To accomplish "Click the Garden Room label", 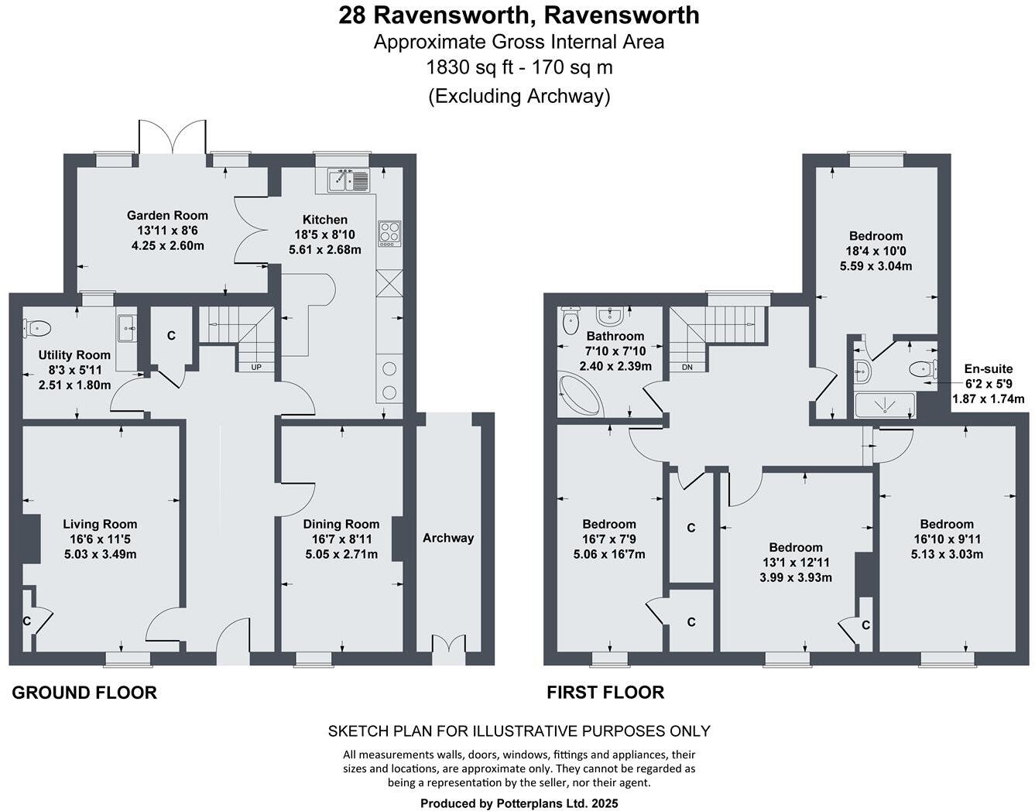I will (x=167, y=215).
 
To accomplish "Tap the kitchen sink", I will (x=348, y=180).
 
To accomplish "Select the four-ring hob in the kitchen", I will (x=389, y=233).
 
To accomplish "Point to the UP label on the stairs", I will (x=256, y=367).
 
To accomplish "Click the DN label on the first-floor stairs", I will (x=687, y=367).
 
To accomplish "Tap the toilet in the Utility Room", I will (x=37, y=328).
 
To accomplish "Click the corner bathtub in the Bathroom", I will (x=579, y=395).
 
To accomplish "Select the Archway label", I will (x=448, y=538).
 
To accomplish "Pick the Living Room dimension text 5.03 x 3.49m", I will (x=101, y=554).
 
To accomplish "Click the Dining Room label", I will (x=341, y=524).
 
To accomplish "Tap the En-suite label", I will (x=986, y=369).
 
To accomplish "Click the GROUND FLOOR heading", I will (x=84, y=693).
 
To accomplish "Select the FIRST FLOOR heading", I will (x=605, y=693).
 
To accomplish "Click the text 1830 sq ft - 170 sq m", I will (x=519, y=67).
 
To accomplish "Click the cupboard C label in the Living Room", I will (x=26, y=621).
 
